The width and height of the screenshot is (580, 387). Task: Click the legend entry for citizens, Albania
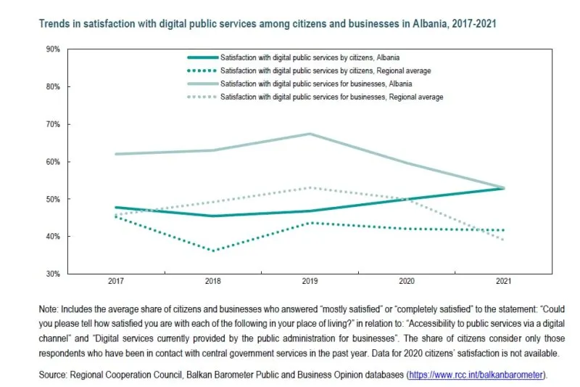click(310, 57)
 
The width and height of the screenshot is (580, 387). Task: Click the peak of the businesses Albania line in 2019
click(310, 134)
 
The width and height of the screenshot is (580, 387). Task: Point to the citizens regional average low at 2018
click(213, 251)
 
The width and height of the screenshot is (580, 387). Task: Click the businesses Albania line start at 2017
click(115, 154)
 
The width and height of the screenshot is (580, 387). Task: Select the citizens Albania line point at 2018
click(213, 216)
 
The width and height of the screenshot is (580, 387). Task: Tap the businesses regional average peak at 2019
click(310, 187)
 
